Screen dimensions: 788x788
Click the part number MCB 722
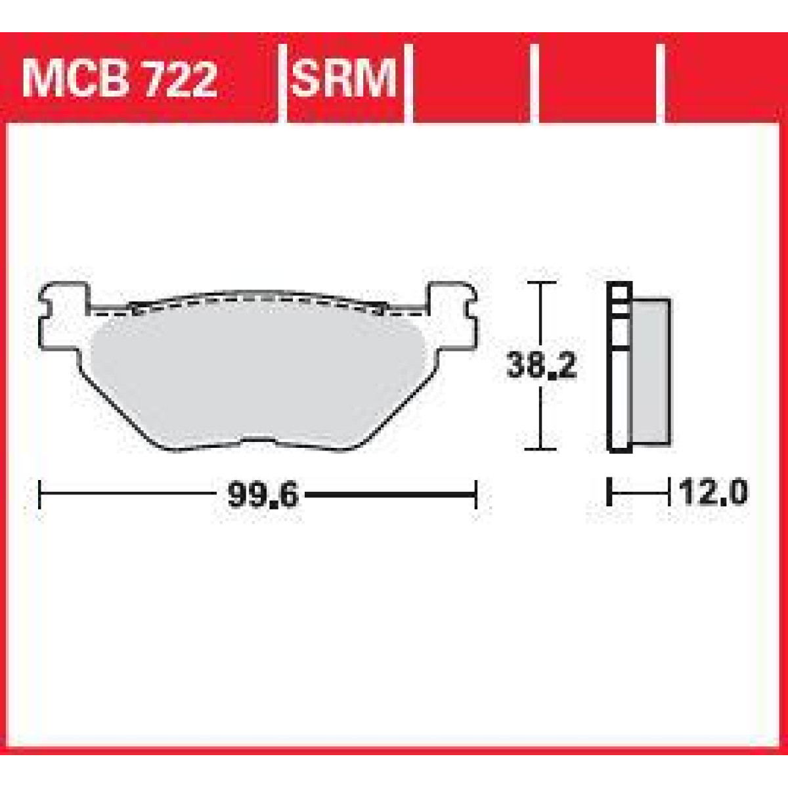pos(119,79)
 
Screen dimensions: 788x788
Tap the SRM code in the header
pos(344,79)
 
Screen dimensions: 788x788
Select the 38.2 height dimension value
pos(541,366)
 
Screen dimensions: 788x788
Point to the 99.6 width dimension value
pos(263,494)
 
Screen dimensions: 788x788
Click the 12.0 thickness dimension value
pos(713,492)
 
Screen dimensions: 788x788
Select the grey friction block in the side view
pos(651,371)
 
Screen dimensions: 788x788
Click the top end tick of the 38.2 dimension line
pos(540,283)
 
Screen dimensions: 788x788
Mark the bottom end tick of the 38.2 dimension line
pos(540,449)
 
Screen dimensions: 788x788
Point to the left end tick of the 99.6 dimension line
pos(40,494)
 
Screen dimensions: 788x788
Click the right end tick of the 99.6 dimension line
pos(475,494)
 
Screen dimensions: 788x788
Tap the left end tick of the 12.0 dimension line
pos(610,492)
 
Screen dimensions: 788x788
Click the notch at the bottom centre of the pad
pos(263,441)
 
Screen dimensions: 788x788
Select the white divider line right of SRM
pos(408,82)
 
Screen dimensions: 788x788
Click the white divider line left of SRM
pos(283,82)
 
